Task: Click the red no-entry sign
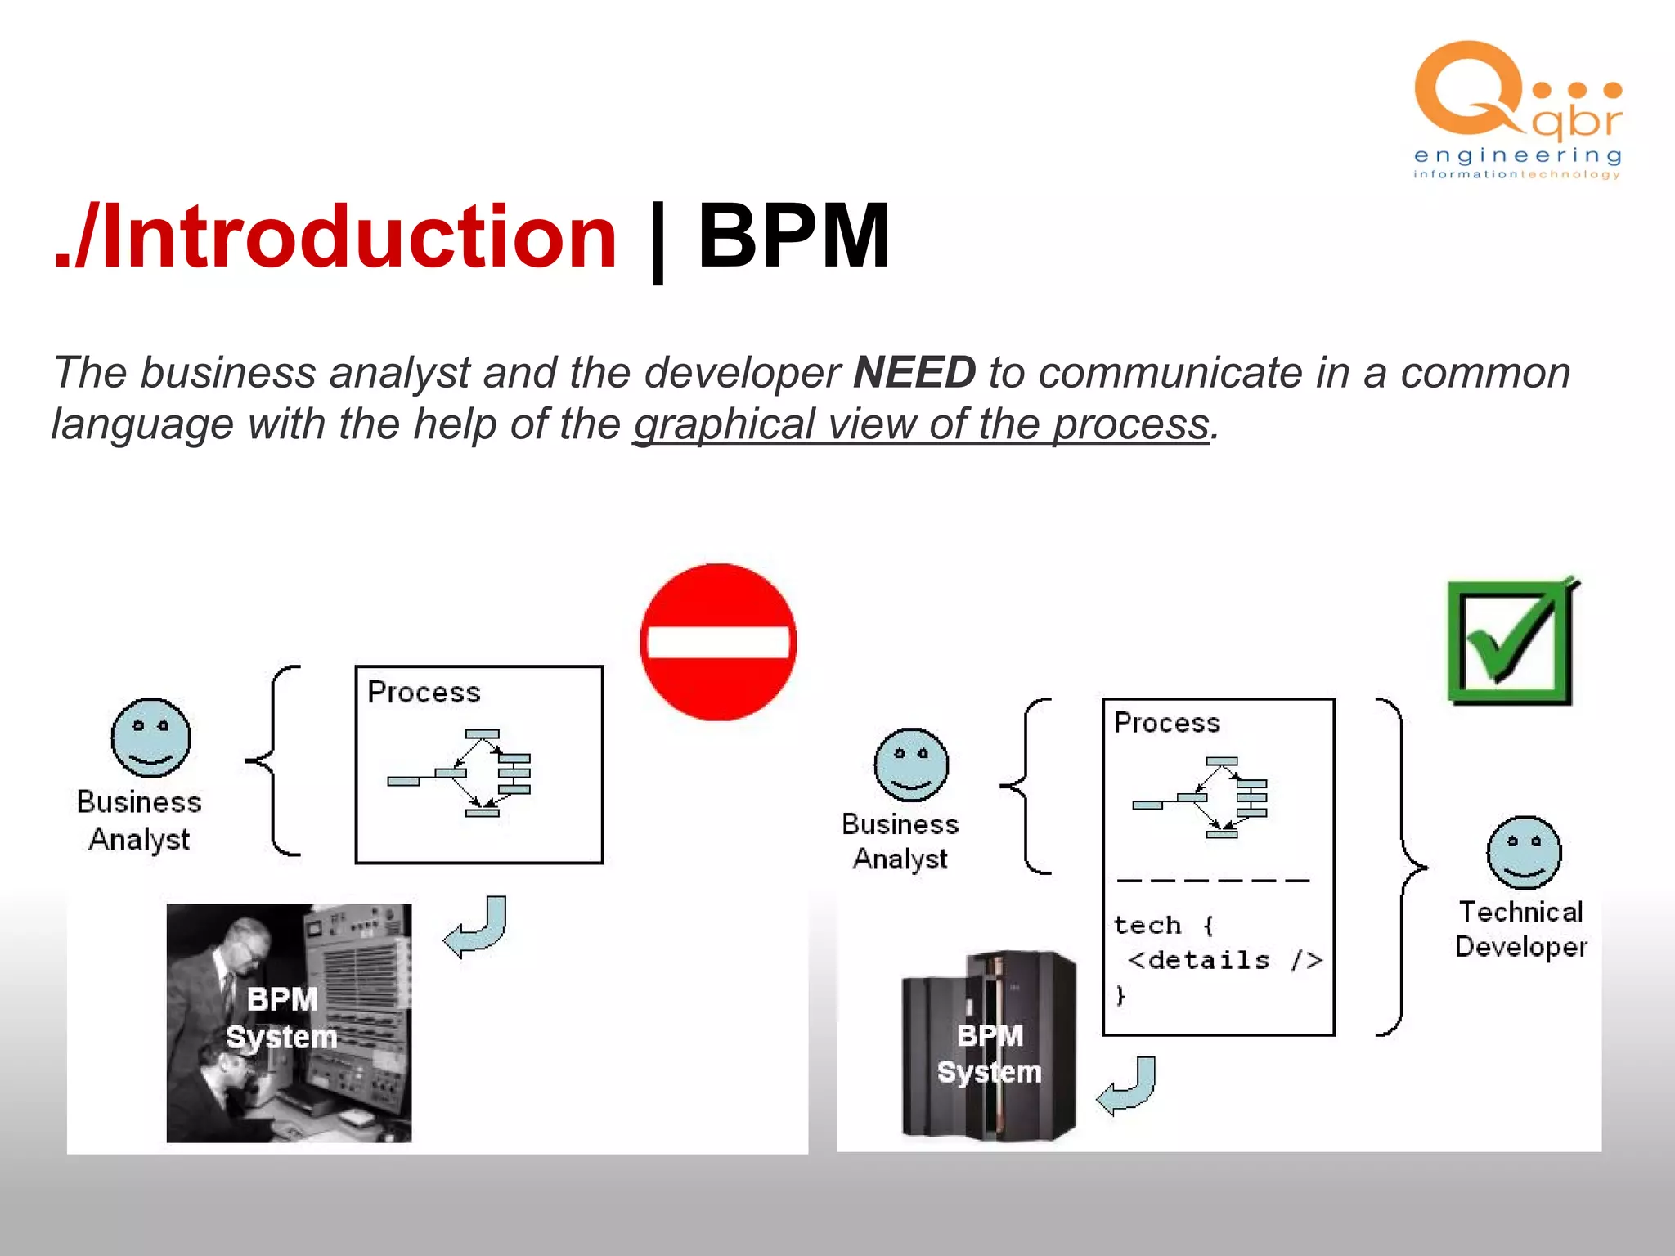click(x=718, y=642)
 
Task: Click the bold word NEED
click(x=914, y=373)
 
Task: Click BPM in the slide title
click(x=793, y=237)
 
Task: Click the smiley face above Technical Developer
click(x=1524, y=852)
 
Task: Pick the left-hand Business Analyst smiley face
click(x=150, y=738)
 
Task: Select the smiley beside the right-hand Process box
click(x=911, y=765)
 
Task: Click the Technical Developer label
click(x=1521, y=929)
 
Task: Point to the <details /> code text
click(x=1224, y=960)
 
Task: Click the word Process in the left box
click(x=424, y=693)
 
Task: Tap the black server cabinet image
click(x=989, y=1047)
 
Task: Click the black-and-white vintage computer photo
click(x=289, y=1022)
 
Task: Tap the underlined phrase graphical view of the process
click(x=921, y=424)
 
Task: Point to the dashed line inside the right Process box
click(x=1213, y=881)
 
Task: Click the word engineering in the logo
click(x=1517, y=155)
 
